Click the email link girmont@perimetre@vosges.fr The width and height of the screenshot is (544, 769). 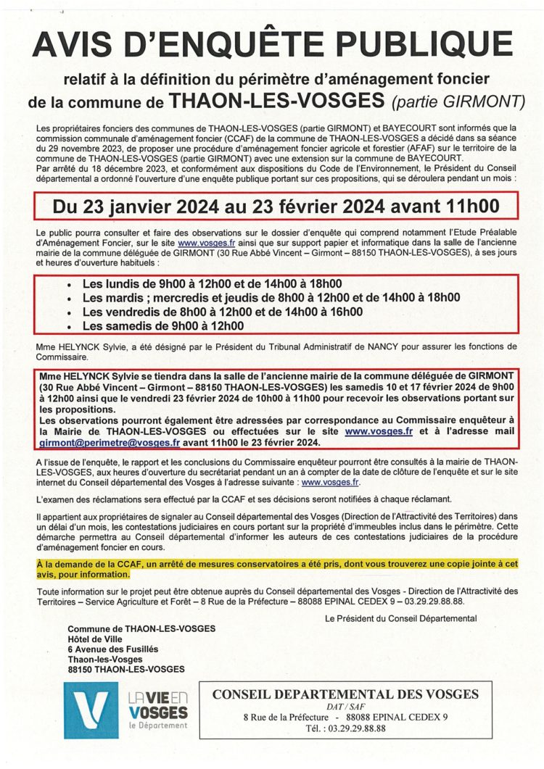click(99, 442)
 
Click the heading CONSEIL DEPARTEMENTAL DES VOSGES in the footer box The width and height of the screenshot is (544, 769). click(345, 694)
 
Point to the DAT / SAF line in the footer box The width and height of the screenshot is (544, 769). click(345, 706)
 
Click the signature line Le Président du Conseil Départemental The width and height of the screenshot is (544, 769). click(401, 618)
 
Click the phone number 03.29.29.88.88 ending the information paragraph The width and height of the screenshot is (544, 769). click(434, 602)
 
